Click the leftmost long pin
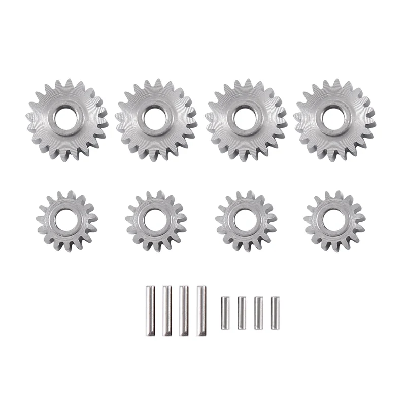150,311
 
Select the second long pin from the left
167,311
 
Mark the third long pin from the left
184,311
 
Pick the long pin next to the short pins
201,311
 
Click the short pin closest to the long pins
225,313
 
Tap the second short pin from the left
242,313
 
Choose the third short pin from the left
258,313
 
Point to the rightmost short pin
275,313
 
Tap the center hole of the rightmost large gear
333,118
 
